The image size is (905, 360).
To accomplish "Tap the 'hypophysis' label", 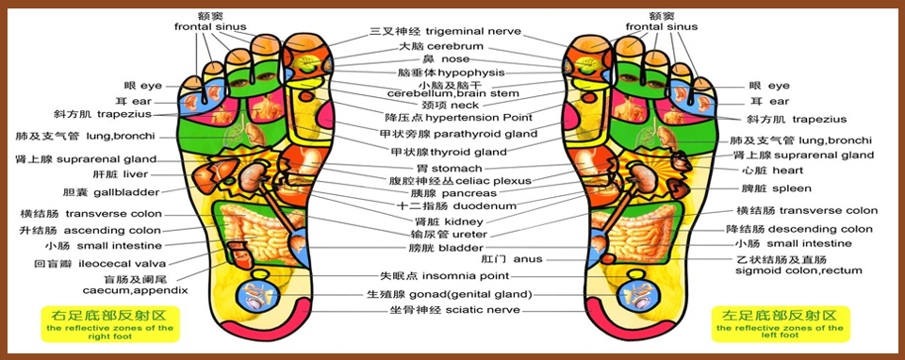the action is tap(471, 73).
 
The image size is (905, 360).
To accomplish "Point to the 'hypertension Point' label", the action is tap(479, 118).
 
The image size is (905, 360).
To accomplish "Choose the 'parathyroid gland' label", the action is tap(485, 135).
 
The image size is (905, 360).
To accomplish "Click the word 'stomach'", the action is tap(456, 169).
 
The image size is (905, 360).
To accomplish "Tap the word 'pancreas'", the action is tap(469, 193).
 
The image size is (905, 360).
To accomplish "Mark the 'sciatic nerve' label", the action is tap(482, 310).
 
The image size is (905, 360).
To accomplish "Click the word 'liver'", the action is tap(136, 174).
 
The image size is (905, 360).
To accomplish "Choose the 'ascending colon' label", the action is tap(112, 231).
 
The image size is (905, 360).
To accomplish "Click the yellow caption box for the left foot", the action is tap(781, 323).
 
